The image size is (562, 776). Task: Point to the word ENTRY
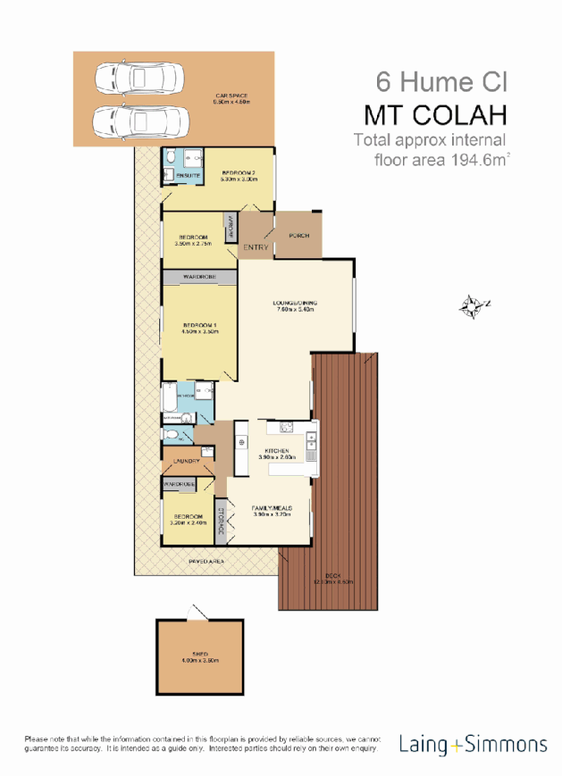[x=256, y=246]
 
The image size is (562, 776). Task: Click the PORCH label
[x=298, y=236]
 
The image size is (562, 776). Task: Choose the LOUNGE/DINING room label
[x=295, y=304]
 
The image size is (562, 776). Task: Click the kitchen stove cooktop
[x=240, y=441]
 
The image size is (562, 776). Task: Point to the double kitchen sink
[x=310, y=444]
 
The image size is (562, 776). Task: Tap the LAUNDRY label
[x=186, y=462]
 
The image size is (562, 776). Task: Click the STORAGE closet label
[x=220, y=521]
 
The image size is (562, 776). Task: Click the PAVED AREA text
[x=205, y=561]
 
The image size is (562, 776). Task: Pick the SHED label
[x=200, y=655]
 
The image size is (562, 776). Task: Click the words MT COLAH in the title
[x=435, y=116]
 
